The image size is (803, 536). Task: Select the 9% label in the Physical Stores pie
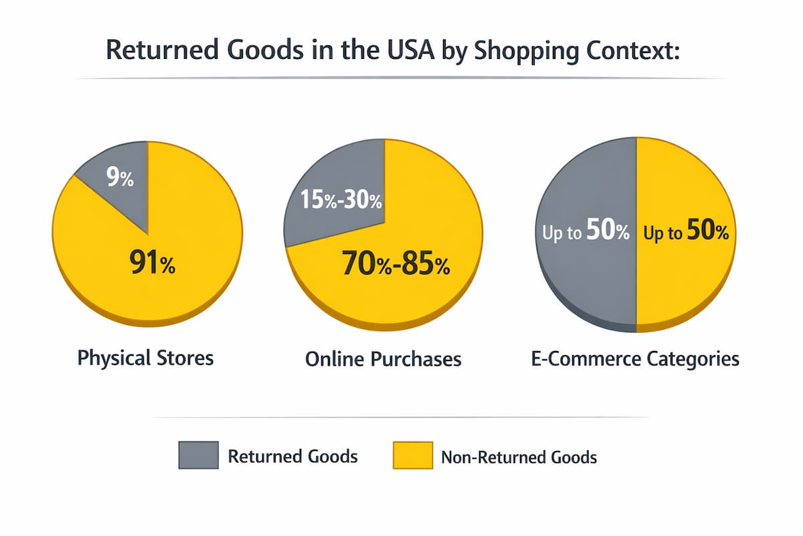click(x=120, y=179)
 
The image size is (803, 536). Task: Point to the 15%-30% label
click(x=333, y=200)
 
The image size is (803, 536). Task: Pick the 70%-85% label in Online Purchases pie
click(x=395, y=265)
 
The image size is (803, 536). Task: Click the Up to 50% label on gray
click(x=584, y=233)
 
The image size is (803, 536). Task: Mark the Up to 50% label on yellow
click(x=685, y=233)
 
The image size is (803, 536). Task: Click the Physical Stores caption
click(x=145, y=358)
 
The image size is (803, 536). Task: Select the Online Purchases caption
click(x=383, y=359)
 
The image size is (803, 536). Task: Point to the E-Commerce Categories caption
click(x=634, y=359)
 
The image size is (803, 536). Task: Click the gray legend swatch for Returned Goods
click(x=198, y=455)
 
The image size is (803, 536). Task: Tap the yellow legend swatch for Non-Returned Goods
click(x=410, y=455)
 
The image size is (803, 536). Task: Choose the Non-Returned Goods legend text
click(x=519, y=458)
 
